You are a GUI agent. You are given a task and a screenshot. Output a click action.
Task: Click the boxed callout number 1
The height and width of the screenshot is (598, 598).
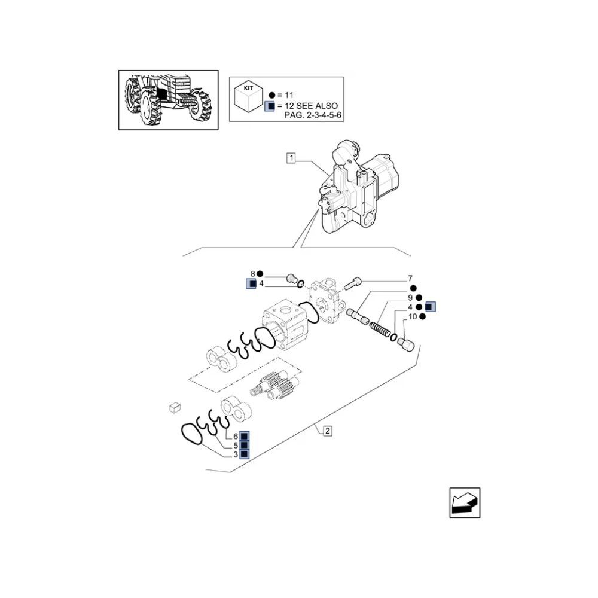pyautogui.click(x=291, y=158)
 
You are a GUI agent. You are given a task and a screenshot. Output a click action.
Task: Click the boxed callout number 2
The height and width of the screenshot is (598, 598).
pyautogui.click(x=327, y=431)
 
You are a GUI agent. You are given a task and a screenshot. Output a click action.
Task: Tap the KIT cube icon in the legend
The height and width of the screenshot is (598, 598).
pyautogui.click(x=249, y=97)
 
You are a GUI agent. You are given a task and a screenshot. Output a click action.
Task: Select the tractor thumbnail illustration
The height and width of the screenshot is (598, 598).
pyautogui.click(x=169, y=100)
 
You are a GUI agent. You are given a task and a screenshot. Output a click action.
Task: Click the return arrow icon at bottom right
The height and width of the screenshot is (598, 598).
pyautogui.click(x=465, y=503)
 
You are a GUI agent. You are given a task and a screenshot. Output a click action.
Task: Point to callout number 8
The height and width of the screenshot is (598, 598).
pyautogui.click(x=252, y=274)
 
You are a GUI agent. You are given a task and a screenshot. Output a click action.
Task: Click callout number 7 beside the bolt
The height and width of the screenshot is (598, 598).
pyautogui.click(x=410, y=279)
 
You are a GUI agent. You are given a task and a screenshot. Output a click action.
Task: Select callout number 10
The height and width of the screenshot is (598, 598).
pyautogui.click(x=413, y=316)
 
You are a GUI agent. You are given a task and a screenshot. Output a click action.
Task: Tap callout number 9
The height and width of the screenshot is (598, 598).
pyautogui.click(x=410, y=298)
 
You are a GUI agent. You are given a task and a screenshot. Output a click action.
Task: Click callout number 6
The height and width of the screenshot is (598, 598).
pyautogui.click(x=235, y=437)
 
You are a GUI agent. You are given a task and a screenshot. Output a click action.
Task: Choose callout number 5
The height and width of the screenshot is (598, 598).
pyautogui.click(x=235, y=446)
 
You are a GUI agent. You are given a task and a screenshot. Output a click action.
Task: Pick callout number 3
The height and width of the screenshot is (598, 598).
pyautogui.click(x=235, y=454)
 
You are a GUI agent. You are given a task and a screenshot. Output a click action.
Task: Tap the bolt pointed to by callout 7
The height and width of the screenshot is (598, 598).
pyautogui.click(x=352, y=283)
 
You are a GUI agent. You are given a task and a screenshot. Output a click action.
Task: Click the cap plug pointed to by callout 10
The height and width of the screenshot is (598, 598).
pyautogui.click(x=406, y=343)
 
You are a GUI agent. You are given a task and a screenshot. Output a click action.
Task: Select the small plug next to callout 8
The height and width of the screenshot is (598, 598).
pyautogui.click(x=292, y=279)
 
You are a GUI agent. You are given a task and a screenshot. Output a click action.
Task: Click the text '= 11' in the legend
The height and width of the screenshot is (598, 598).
pyautogui.click(x=285, y=95)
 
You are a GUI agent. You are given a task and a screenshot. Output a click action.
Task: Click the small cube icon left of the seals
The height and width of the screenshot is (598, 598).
pyautogui.click(x=175, y=407)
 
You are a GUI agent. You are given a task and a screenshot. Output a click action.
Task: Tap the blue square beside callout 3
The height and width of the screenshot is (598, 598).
pyautogui.click(x=244, y=454)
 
